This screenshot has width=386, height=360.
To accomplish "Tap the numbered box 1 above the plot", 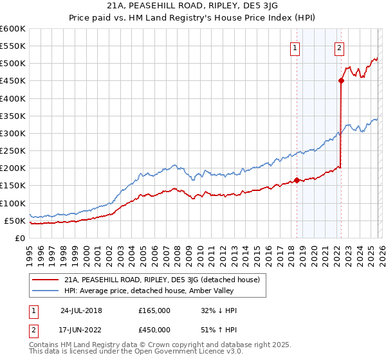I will click(295, 47).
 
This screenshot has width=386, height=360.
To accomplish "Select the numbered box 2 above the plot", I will click(339, 47).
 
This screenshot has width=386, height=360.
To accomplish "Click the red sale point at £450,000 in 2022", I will click(341, 81).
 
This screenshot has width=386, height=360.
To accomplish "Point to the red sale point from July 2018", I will click(297, 180).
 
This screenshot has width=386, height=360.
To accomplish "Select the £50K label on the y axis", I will click(15, 221).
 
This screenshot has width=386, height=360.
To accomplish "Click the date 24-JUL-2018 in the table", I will click(81, 310).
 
